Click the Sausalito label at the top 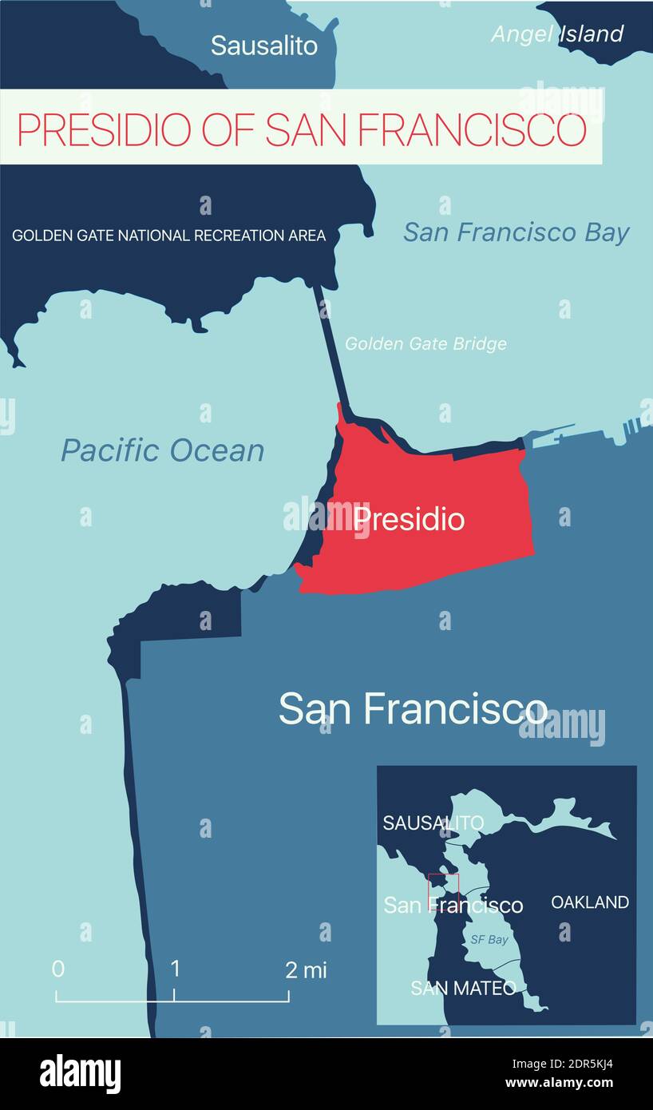(263, 46)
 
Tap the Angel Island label (556, 34)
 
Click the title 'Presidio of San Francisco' (302, 129)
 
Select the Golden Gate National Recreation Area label (168, 236)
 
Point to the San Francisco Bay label (516, 232)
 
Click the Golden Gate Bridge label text (425, 344)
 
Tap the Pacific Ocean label (162, 450)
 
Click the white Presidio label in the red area (409, 519)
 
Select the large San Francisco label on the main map (413, 708)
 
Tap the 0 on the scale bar (57, 969)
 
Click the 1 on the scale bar (175, 969)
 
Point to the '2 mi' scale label (306, 970)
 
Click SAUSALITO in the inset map (433, 823)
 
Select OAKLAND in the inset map (590, 902)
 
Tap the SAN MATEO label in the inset (463, 988)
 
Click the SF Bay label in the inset (489, 940)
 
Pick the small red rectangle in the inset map (444, 889)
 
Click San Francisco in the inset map (453, 906)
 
